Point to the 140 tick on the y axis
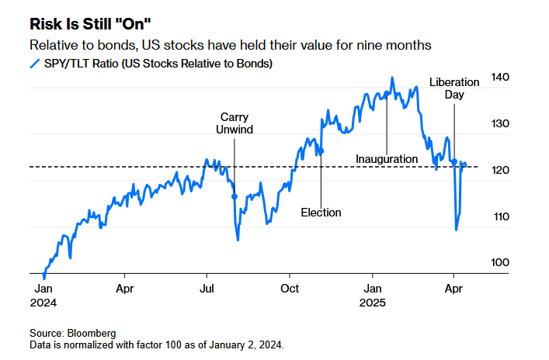click(x=500, y=78)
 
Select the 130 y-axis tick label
click(x=500, y=124)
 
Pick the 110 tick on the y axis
click(x=500, y=216)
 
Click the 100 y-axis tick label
click(x=500, y=263)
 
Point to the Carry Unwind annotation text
click(x=235, y=124)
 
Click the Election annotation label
click(x=321, y=213)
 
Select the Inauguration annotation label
click(x=387, y=159)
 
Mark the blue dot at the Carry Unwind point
click(x=235, y=197)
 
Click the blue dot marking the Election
click(x=321, y=151)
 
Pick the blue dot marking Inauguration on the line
click(x=387, y=94)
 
